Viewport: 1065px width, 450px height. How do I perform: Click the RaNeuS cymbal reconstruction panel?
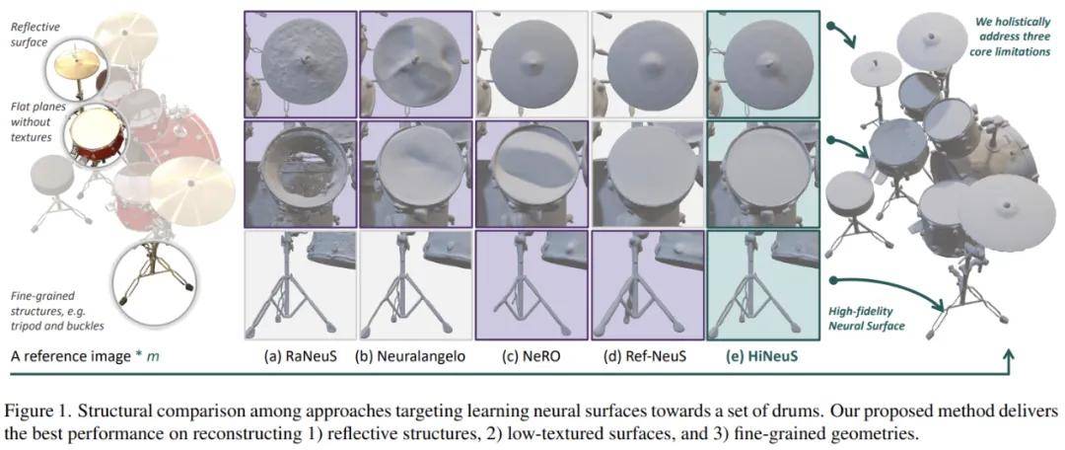click(300, 64)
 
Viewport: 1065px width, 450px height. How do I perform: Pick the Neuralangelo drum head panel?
click(415, 174)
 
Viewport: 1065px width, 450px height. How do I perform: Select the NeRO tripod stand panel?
click(532, 284)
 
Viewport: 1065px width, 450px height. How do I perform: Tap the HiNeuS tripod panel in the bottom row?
click(762, 284)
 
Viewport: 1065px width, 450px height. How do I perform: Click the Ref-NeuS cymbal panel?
click(647, 64)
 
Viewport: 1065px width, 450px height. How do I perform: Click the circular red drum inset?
click(96, 136)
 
